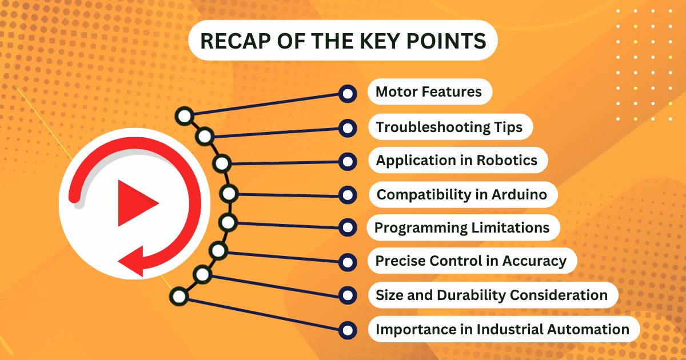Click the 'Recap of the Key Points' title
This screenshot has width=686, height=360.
point(343,41)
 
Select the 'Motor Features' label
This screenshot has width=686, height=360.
point(429,91)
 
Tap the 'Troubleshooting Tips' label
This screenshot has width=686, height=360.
point(449,127)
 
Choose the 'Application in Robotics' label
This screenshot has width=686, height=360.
point(457,160)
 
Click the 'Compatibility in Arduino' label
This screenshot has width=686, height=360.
point(462,194)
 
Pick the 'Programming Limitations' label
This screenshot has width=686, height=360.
point(462,228)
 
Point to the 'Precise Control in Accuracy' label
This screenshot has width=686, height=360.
point(471,261)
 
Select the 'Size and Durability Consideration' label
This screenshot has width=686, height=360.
point(492,295)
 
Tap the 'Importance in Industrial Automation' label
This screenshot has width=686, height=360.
point(502,329)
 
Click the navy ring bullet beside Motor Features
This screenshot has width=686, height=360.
point(348,94)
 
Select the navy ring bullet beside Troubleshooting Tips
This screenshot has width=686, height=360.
point(348,128)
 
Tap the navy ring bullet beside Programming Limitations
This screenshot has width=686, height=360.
point(348,227)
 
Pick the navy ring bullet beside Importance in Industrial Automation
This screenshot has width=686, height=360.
point(348,330)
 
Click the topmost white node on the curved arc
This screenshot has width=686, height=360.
point(184,116)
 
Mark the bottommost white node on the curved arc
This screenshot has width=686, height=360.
point(179,297)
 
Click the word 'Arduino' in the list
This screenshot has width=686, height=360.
point(520,194)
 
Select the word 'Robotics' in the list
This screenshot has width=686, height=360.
point(507,160)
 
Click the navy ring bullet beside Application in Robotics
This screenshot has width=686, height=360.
point(348,161)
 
